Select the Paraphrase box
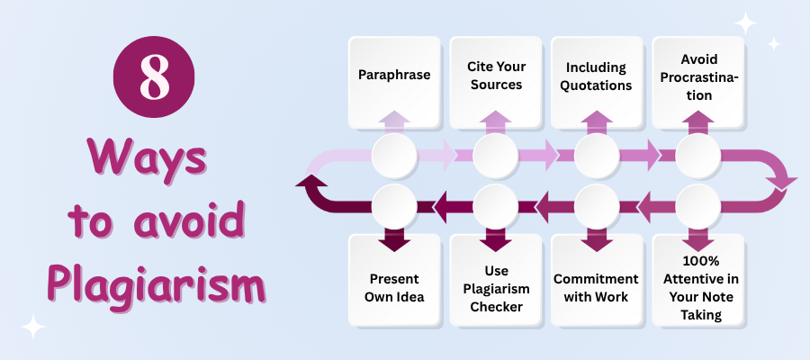pyautogui.click(x=394, y=76)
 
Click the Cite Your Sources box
pyautogui.click(x=495, y=76)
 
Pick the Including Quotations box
pyautogui.click(x=597, y=76)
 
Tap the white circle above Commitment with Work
pyautogui.click(x=597, y=206)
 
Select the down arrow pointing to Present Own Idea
pyautogui.click(x=394, y=238)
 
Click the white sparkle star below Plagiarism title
pyautogui.click(x=32, y=326)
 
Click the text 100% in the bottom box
pyautogui.click(x=697, y=261)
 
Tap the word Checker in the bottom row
pyautogui.click(x=495, y=307)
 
